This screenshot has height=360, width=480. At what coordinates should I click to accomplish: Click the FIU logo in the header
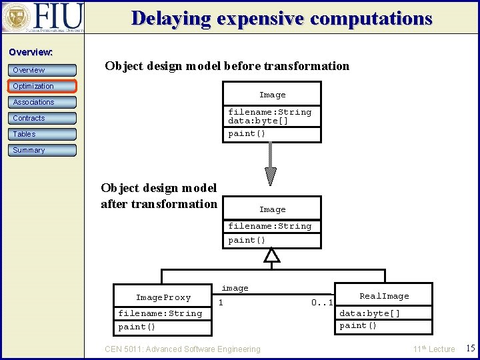coord(43,17)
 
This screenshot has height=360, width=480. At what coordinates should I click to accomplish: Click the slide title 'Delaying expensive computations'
coord(281,18)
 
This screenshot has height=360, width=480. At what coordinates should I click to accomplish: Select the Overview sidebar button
coord(43,70)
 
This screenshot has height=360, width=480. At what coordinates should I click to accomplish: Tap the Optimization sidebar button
coord(43,86)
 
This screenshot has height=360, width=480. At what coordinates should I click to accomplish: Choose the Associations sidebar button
coord(43,102)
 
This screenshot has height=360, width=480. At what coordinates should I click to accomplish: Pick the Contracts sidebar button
coord(43,118)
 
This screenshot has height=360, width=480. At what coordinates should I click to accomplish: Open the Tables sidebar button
coord(43,134)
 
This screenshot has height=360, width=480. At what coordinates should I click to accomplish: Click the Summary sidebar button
coord(43,150)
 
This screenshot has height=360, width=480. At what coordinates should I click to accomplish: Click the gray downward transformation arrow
coord(271,163)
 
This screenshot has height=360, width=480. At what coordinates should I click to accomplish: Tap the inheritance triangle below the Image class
coord(271,255)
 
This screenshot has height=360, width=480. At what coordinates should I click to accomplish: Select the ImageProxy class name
coord(163,297)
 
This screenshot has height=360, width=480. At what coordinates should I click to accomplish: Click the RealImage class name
coord(384,296)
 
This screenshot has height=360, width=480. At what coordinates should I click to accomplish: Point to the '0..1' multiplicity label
coord(322,303)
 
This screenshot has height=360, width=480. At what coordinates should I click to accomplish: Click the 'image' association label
coord(235,288)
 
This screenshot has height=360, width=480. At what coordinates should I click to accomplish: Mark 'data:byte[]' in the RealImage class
coord(370,313)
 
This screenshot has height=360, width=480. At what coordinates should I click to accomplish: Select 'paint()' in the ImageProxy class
coord(137,327)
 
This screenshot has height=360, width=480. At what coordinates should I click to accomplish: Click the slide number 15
coord(469,348)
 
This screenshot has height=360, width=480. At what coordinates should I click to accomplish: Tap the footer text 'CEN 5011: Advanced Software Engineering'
coord(183,349)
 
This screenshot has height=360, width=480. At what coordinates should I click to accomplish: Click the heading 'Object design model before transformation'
coord(227,65)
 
